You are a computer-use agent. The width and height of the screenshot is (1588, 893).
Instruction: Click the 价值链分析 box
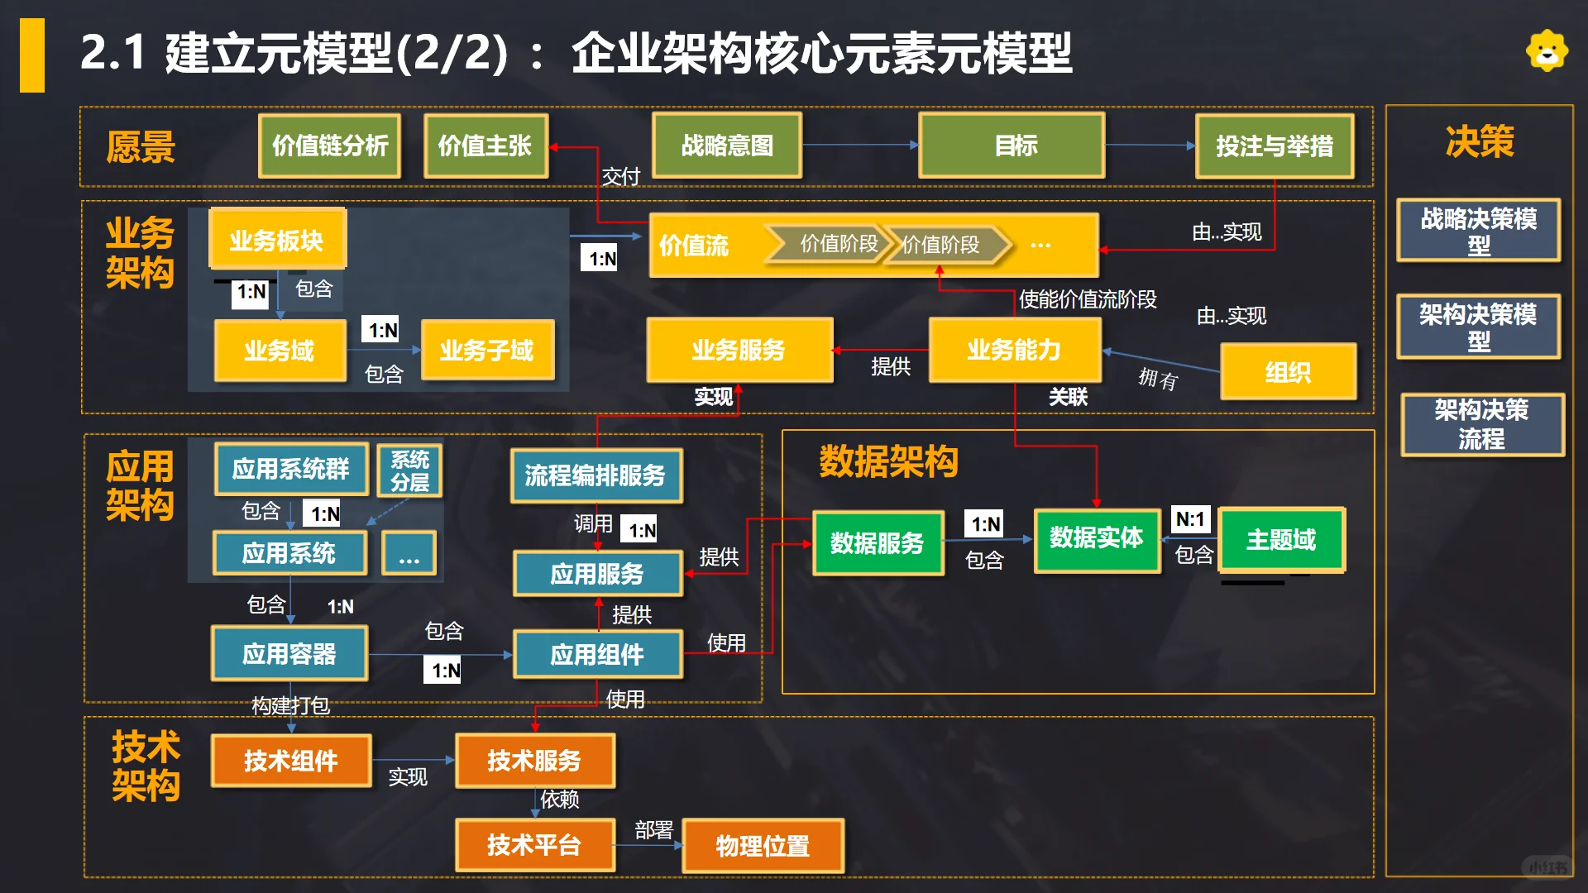point(330,146)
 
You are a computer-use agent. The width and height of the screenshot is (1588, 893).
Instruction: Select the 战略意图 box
point(727,146)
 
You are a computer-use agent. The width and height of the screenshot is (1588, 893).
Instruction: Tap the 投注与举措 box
point(1275,146)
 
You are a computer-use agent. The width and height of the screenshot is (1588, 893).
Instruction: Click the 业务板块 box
point(277,240)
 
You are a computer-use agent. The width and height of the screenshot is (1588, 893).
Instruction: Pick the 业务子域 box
point(487,351)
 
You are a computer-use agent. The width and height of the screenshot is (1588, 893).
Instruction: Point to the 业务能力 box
point(1015,350)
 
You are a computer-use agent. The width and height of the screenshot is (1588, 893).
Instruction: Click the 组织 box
point(1288,372)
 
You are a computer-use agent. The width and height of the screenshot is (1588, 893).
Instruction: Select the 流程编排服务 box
point(595,475)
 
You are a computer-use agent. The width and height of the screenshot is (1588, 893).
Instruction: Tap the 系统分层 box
point(410,470)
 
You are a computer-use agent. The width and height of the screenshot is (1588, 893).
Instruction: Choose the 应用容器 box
point(289,653)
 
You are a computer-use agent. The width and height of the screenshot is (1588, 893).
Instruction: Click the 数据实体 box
point(1097,539)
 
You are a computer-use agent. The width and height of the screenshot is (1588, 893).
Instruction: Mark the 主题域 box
point(1281,540)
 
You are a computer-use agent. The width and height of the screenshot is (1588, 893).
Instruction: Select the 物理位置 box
point(763,845)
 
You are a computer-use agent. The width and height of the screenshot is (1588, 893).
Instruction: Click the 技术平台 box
point(534,844)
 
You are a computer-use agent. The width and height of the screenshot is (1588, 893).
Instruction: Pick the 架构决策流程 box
point(1481,424)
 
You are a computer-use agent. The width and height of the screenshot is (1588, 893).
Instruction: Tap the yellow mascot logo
point(1547,51)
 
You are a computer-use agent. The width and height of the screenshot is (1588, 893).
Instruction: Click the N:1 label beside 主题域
point(1190,519)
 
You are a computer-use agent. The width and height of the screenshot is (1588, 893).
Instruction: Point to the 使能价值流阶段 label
point(1088,299)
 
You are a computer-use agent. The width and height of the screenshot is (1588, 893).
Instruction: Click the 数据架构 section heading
point(888,461)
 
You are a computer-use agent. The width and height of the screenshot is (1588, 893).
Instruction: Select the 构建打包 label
point(291,705)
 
